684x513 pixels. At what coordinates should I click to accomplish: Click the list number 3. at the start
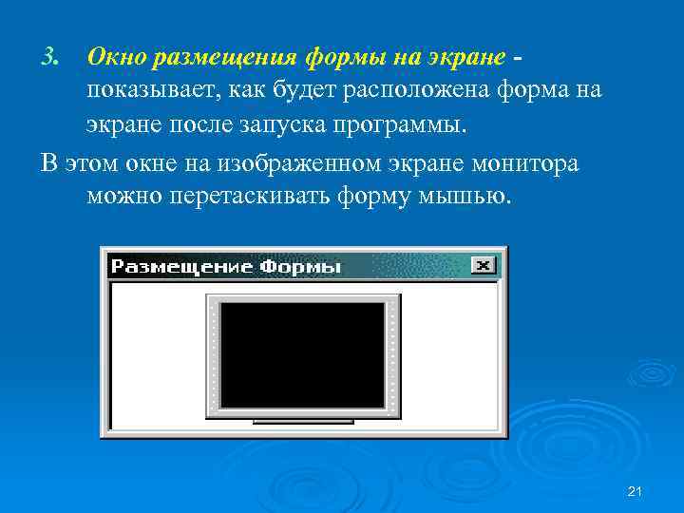pyautogui.click(x=50, y=58)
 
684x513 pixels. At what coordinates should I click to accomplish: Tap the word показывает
pyautogui.click(x=158, y=91)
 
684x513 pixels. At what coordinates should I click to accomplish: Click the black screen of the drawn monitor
pyautogui.click(x=303, y=354)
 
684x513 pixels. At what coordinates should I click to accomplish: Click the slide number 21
pyautogui.click(x=636, y=490)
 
